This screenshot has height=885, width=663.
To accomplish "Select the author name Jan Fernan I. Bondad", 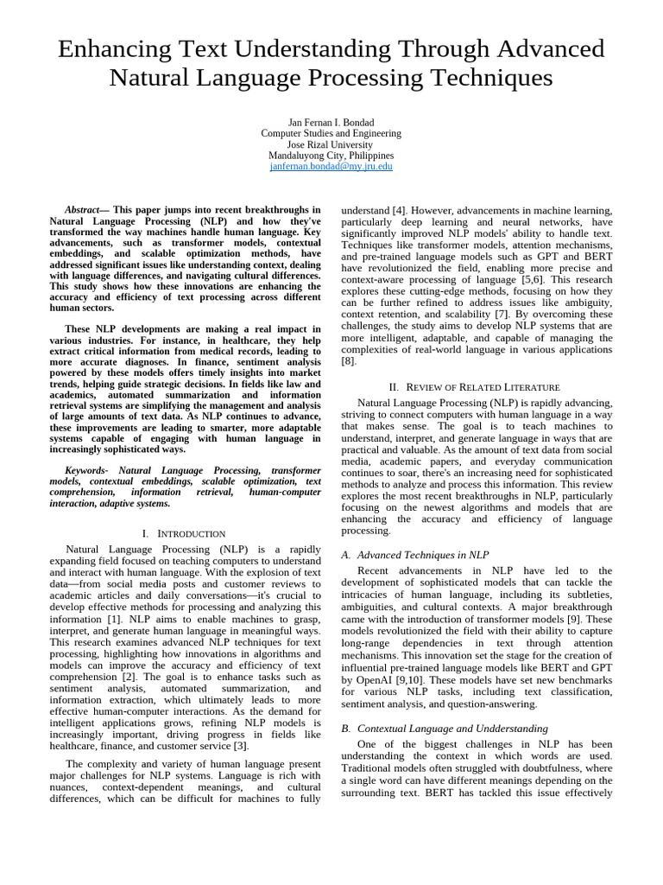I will pos(331,122).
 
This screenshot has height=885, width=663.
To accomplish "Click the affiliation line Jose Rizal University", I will pos(331,144).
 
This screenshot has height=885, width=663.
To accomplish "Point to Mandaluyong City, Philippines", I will pos(331,156).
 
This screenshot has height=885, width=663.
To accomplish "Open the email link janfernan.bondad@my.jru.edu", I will pos(331,167).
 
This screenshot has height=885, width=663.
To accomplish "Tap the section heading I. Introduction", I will pos(184,533).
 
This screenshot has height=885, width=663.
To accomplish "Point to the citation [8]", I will pos(348,361).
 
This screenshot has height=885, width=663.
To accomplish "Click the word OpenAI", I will pos(374,680).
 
